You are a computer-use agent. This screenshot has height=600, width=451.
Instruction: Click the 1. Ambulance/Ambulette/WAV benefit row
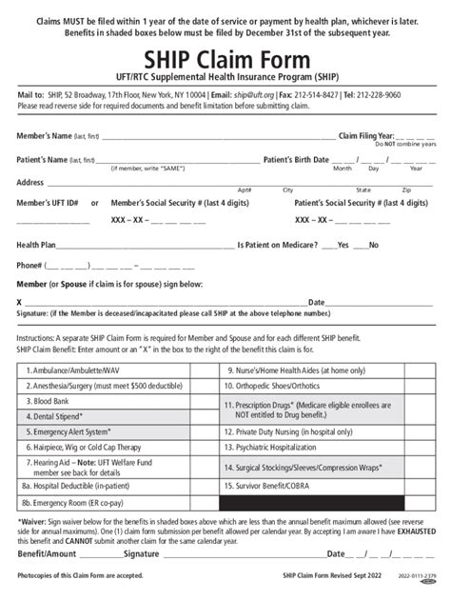click(x=81, y=370)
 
